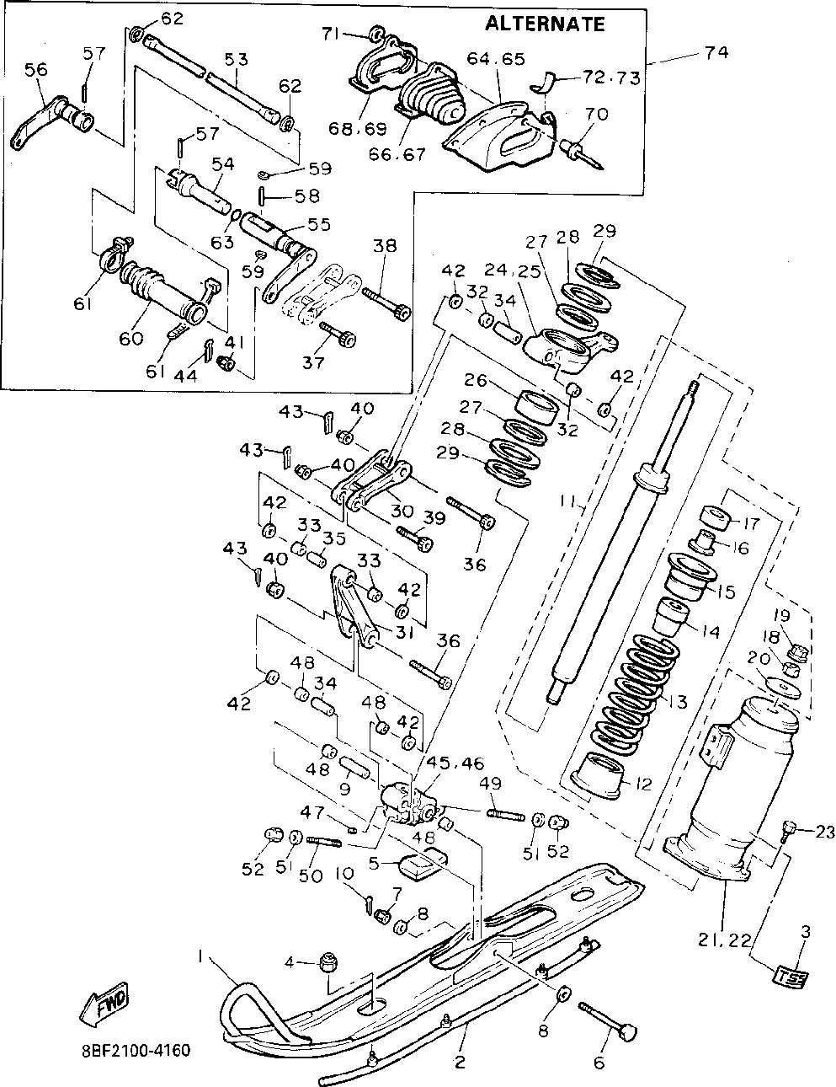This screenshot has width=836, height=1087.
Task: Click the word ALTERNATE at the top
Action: click(x=545, y=24)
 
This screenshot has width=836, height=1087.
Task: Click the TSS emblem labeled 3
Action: click(x=790, y=977)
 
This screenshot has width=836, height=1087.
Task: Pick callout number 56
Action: click(x=35, y=71)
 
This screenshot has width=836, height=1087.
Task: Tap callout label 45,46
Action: click(x=455, y=763)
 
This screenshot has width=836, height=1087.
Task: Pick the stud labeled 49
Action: click(x=503, y=813)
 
